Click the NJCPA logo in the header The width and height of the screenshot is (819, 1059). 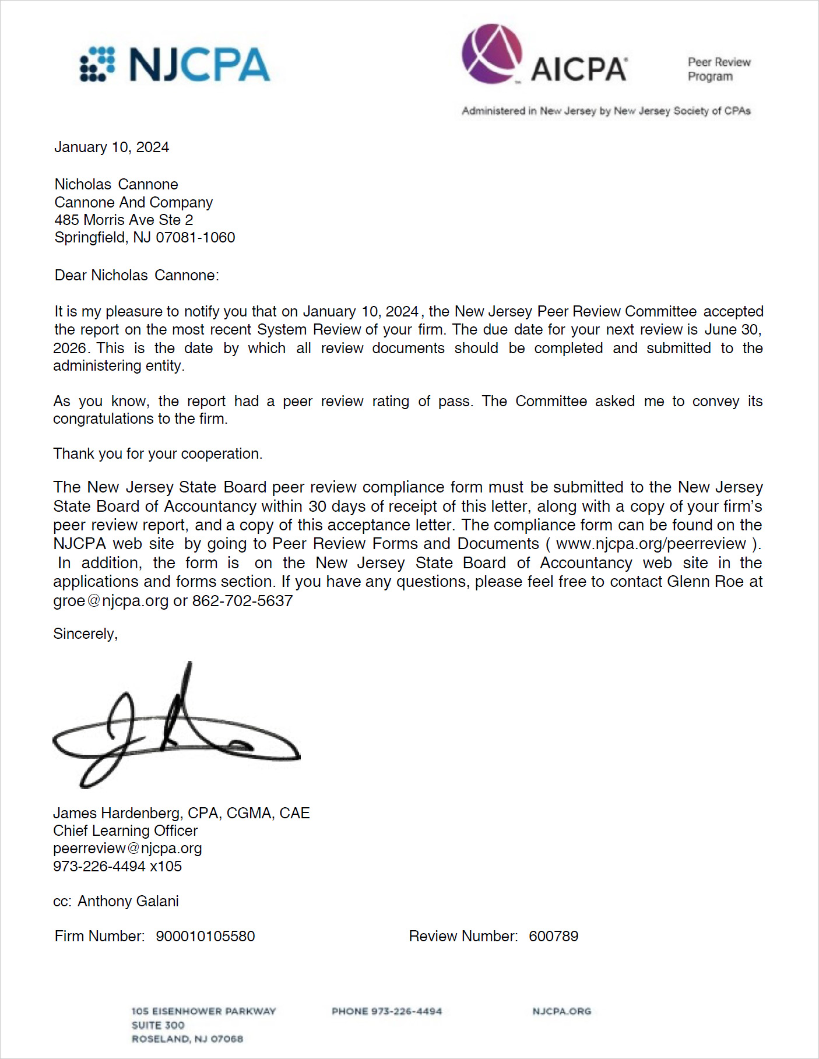tap(175, 64)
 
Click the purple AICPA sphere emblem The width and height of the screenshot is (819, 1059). tap(492, 54)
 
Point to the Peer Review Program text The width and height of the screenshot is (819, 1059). tap(718, 69)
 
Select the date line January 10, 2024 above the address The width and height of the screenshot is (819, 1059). tap(111, 147)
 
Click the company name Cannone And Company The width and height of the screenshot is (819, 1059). tap(133, 202)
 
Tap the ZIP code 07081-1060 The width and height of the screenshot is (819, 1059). tap(195, 238)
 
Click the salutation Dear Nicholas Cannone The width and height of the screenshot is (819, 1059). tap(136, 275)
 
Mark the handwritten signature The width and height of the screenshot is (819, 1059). tap(175, 729)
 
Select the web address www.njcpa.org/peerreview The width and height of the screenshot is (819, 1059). tap(651, 544)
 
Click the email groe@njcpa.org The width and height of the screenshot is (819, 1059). tap(111, 601)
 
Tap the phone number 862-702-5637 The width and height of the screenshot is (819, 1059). tap(242, 601)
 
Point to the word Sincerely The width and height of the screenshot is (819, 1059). tap(85, 634)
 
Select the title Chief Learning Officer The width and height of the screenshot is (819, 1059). tap(125, 831)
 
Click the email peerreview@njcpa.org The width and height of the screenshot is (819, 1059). tap(127, 849)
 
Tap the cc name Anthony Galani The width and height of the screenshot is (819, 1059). tap(128, 901)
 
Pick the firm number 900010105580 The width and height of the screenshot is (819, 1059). tap(205, 936)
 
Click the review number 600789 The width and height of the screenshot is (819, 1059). tap(553, 936)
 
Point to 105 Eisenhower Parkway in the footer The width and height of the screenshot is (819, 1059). tap(203, 1011)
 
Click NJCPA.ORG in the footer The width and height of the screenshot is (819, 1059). tap(561, 1011)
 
